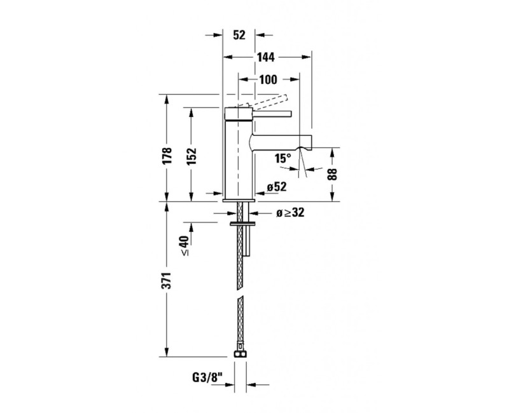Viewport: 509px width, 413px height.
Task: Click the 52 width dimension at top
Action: [239, 36]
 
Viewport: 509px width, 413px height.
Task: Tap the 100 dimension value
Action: [268, 79]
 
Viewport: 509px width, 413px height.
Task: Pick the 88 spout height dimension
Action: [331, 173]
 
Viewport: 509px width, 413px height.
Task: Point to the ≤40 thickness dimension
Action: [185, 246]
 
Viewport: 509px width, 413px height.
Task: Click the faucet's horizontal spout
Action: [280, 141]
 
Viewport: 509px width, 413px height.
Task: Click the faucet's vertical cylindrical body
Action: [239, 159]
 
